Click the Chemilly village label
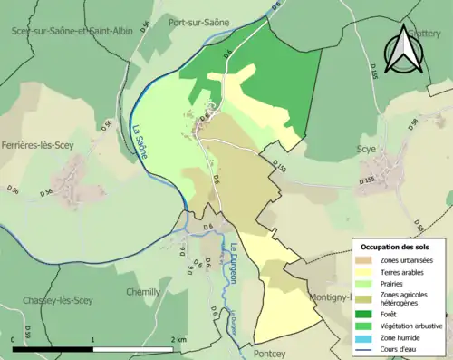click(x=141, y=292)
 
